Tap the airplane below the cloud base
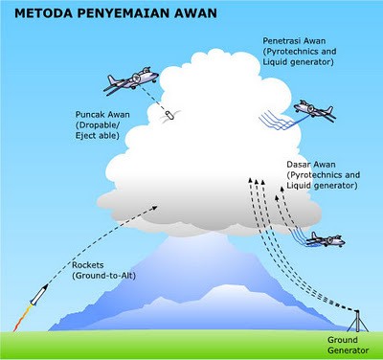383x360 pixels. (x=325, y=240)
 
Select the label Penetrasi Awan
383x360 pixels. (x=292, y=41)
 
